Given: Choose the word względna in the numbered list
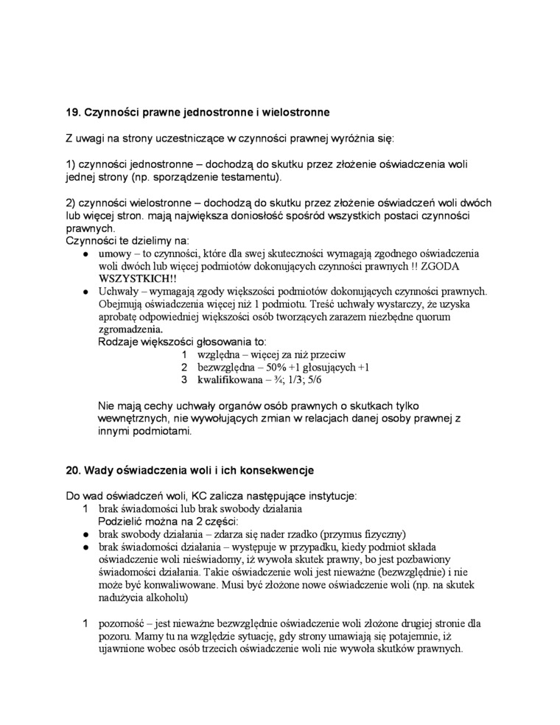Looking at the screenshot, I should tap(220, 354).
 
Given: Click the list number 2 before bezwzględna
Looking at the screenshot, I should tap(185, 367).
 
